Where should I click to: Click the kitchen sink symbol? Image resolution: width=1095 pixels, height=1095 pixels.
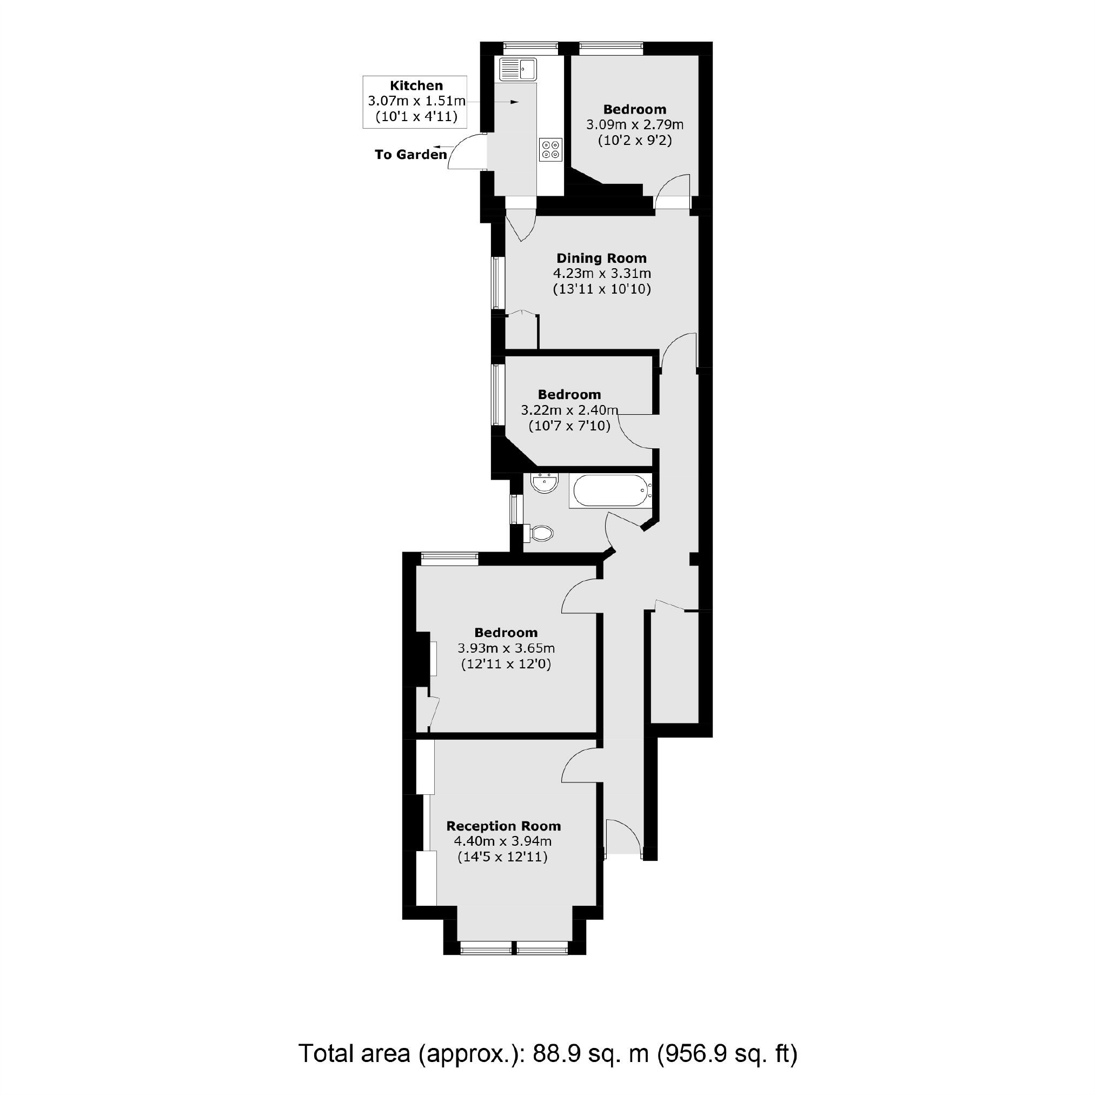[517, 69]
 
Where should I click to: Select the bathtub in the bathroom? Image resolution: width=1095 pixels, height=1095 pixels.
[610, 490]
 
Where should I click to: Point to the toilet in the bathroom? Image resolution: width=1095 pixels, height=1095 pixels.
[540, 533]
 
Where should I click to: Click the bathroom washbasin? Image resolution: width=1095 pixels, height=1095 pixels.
[545, 483]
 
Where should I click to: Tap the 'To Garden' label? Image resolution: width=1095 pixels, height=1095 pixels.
[410, 154]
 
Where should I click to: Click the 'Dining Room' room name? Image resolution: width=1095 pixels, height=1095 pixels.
[601, 258]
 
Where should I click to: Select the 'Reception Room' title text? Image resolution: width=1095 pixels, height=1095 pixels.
[503, 826]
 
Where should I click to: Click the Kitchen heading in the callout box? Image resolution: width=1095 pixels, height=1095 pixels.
[416, 85]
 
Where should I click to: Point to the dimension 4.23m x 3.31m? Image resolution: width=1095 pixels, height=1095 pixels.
[601, 273]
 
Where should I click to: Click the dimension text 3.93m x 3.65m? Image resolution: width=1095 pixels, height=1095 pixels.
[506, 648]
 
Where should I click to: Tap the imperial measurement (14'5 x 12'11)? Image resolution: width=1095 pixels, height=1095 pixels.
[502, 857]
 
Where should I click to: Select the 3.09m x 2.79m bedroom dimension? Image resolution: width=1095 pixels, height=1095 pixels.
[634, 124]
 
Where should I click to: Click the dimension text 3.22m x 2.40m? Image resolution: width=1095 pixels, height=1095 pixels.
[569, 410]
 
